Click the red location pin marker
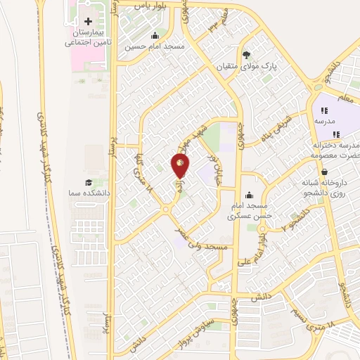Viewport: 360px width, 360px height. coord(180,166)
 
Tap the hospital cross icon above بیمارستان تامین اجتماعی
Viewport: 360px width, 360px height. coord(88,22)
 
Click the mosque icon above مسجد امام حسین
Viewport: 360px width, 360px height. coord(155,36)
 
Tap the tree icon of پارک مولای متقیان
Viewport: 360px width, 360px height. coord(245,54)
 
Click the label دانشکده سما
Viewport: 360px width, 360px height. coord(84,192)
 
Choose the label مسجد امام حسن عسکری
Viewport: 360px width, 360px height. coord(251,211)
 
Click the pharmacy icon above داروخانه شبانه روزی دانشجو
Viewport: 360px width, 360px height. coord(323,172)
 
